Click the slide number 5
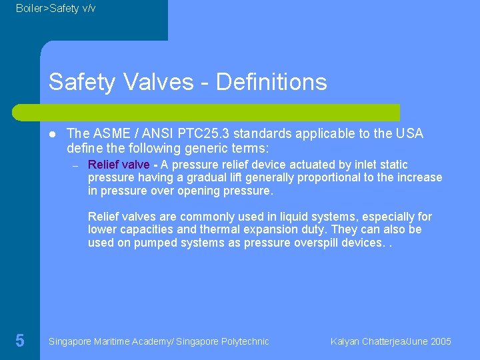coord(20,341)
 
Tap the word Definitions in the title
coord(271,82)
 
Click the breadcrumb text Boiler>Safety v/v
coord(55,8)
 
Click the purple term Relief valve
coord(119,165)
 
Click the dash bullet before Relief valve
coord(75,165)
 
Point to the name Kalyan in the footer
coord(345,341)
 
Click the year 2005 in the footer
coord(441,341)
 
